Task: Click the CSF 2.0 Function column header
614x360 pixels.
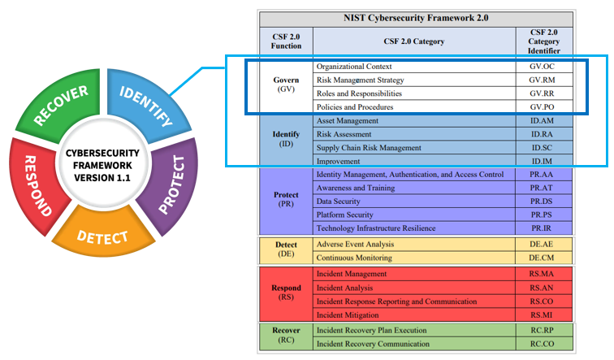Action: pyautogui.click(x=285, y=40)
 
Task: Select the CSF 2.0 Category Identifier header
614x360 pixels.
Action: pyautogui.click(x=545, y=40)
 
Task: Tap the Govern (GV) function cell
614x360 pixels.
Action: pyautogui.click(x=285, y=85)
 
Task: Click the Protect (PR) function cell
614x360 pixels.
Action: pyautogui.click(x=285, y=201)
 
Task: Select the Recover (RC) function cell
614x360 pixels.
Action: pyautogui.click(x=285, y=337)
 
